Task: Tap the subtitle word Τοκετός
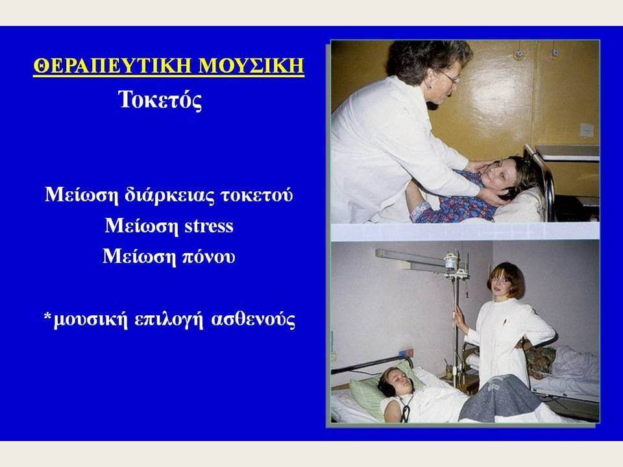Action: click(160, 99)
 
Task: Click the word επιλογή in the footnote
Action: click(169, 320)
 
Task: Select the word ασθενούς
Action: click(252, 320)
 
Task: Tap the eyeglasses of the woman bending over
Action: click(450, 77)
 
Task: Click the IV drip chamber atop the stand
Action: click(451, 261)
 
